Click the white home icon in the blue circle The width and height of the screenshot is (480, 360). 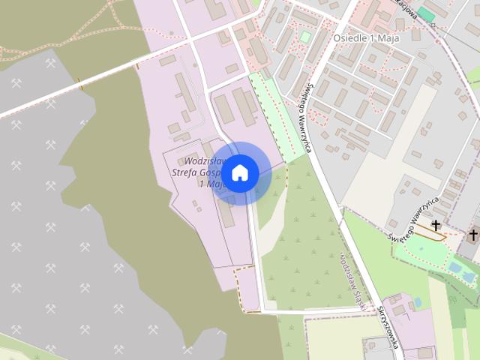tap(240, 173)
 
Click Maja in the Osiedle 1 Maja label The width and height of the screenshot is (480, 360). tap(388, 37)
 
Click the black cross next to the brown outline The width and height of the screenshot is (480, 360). tap(436, 225)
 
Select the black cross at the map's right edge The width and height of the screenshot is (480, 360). tap(473, 235)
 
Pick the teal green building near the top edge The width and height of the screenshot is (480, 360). tap(426, 13)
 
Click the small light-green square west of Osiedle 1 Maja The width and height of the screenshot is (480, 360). tap(305, 36)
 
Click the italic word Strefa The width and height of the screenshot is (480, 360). tap(187, 172)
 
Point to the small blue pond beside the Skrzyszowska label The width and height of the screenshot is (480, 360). tap(418, 302)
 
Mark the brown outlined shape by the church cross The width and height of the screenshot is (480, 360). tap(431, 233)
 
